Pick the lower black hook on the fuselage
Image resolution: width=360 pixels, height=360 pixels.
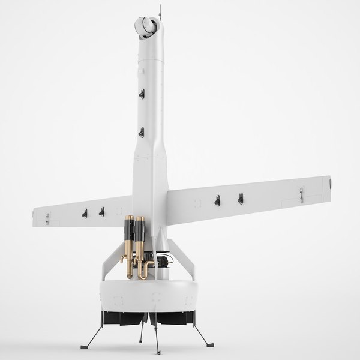tap(142, 131)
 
